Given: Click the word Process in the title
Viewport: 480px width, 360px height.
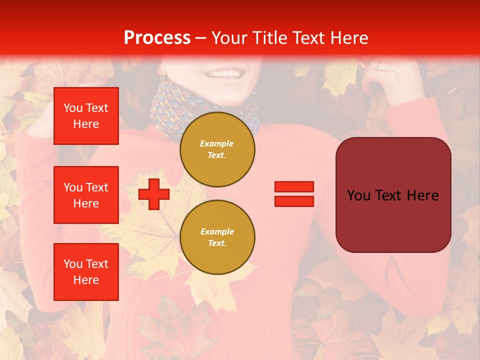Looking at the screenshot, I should click(157, 38).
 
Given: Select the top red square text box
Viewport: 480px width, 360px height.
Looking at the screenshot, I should click(86, 116).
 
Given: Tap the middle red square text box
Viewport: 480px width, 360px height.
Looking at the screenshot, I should click(86, 195).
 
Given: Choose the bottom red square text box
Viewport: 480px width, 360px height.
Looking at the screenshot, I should click(86, 272).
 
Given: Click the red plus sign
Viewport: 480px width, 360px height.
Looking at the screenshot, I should click(153, 194).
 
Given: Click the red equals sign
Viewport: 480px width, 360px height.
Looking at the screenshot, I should click(294, 194).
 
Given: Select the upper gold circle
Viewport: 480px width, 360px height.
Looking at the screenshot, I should click(217, 149).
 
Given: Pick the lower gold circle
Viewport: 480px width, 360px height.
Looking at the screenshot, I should click(217, 237).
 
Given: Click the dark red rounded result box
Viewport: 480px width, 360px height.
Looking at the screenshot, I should click(393, 195).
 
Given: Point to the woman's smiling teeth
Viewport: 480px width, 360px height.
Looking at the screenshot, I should click(223, 74).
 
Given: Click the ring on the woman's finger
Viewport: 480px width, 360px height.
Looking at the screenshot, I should click(379, 66).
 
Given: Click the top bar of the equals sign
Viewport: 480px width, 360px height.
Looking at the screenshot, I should click(294, 186).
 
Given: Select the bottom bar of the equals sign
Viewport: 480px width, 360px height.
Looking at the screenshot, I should click(294, 201).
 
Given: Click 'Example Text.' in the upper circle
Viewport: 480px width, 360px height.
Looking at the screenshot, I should click(217, 149).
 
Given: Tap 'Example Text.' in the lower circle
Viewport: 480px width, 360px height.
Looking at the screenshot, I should click(217, 237).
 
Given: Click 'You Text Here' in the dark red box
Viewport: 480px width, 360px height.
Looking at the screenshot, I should click(393, 195).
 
